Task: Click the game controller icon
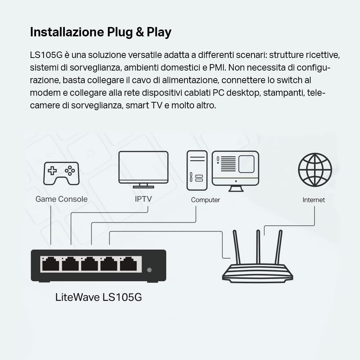[62, 173]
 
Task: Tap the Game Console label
[61, 199]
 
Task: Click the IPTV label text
[143, 199]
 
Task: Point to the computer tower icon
[197, 170]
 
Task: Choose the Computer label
[205, 200]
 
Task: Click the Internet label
[314, 200]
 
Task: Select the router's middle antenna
[258, 248]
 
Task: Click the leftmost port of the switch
[50, 265]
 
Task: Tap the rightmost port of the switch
[129, 265]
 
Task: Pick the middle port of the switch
[89, 265]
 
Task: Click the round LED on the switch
[150, 270]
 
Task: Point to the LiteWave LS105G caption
[98, 297]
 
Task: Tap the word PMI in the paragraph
[219, 67]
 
